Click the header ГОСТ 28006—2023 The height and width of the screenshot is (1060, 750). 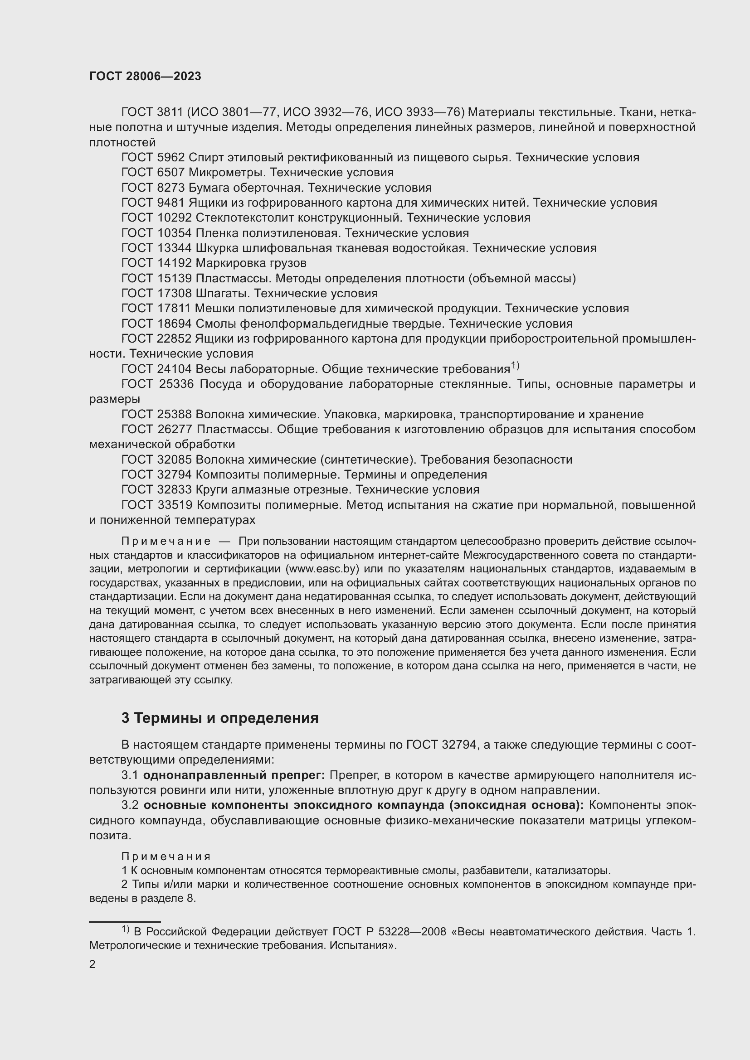[x=145, y=77]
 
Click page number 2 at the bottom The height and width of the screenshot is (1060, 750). [x=93, y=964]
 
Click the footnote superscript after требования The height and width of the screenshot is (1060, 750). [x=515, y=366]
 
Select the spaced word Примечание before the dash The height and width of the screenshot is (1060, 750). [x=166, y=541]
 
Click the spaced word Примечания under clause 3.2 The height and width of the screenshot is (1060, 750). [x=166, y=857]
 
